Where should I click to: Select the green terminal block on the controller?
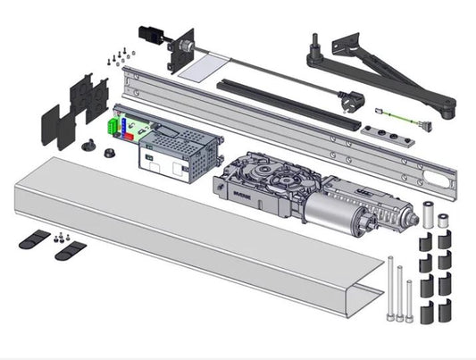[114, 128]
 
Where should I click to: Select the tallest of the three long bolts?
[391, 290]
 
